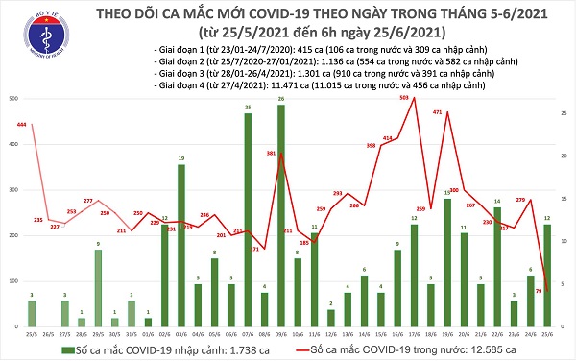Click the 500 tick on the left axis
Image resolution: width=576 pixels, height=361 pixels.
[x=9, y=99]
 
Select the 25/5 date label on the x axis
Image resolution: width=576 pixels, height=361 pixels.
[x=33, y=336]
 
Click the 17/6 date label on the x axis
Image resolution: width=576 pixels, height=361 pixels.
[x=415, y=336]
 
